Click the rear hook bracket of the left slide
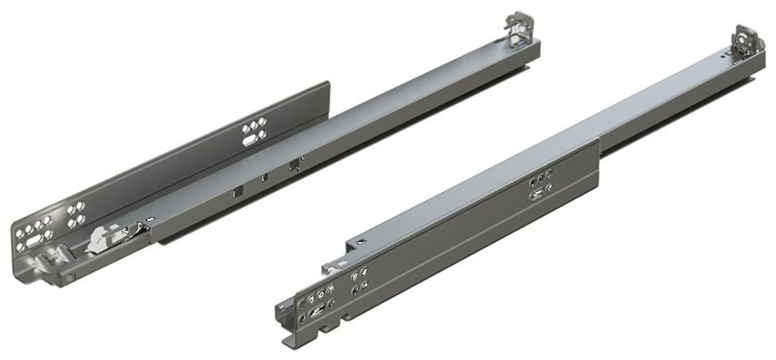coord(519,27)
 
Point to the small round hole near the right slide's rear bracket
coord(723,54)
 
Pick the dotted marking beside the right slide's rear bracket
coord(737,63)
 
